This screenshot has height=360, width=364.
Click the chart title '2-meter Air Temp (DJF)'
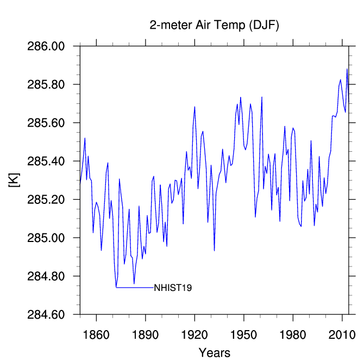click(214, 25)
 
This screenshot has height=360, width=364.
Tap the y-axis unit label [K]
click(14, 180)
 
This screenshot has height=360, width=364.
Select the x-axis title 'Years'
click(215, 352)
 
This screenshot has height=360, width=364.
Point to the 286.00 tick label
click(46, 46)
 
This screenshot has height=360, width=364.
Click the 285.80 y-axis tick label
click(46, 84)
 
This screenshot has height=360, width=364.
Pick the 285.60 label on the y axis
click(46, 123)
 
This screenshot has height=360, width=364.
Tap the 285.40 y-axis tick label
click(46, 161)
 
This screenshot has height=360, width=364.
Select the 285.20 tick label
click(46, 200)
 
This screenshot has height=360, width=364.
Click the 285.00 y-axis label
click(46, 238)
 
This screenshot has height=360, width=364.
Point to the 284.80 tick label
click(46, 276)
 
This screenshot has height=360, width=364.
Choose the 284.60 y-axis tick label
click(46, 314)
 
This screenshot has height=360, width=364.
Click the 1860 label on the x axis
click(96, 335)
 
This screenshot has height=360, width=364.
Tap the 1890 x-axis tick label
click(145, 335)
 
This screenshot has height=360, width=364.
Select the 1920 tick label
click(194, 335)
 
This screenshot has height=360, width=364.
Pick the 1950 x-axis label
click(244, 335)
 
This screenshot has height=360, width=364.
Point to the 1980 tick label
click(293, 335)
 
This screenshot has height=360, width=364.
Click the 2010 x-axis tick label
click(342, 335)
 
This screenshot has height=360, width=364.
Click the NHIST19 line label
click(173, 288)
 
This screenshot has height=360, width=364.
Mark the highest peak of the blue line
click(347, 69)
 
